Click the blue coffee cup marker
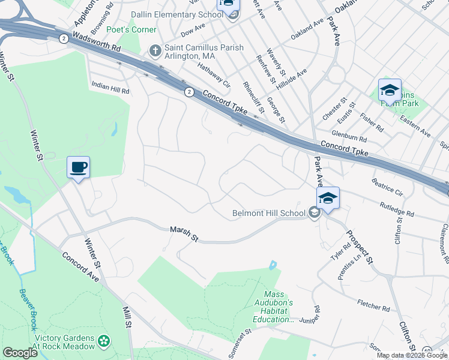[x=78, y=167]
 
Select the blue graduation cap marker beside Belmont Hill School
[x=328, y=198]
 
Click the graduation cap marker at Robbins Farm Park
[x=390, y=91]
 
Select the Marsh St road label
[x=184, y=233]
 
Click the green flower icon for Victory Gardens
[x=105, y=341]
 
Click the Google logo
[x=20, y=352]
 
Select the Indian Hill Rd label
[x=110, y=88]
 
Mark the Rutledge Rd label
[x=397, y=209]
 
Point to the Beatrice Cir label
[x=387, y=186]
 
